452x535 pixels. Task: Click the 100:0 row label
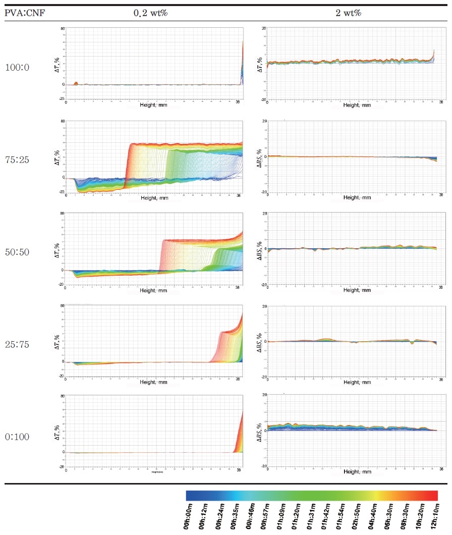[x=18, y=67]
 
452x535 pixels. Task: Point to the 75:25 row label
[x=18, y=160]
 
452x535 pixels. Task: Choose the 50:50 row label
[x=18, y=252]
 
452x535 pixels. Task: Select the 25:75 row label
[x=18, y=344]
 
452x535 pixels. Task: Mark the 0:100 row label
[x=18, y=437]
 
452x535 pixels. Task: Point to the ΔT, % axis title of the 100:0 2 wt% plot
[x=259, y=63]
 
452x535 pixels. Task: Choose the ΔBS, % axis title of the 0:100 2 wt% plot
[x=259, y=433]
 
